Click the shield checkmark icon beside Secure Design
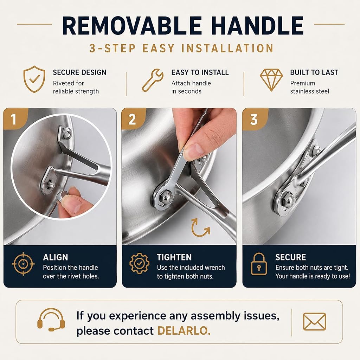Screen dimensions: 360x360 click(34, 79)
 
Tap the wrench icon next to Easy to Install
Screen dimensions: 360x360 click(153, 81)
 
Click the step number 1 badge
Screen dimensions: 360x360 click(14, 119)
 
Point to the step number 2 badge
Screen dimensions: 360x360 click(132, 120)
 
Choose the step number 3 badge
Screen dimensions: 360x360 click(253, 120)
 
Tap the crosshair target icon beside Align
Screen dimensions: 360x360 click(23, 264)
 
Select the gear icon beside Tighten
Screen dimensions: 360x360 click(139, 264)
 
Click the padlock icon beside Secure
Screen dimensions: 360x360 click(259, 264)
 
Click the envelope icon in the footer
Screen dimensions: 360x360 click(315, 322)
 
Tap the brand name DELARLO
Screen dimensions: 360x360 click(184, 331)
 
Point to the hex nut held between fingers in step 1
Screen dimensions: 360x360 click(60, 197)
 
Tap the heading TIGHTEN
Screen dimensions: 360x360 click(174, 257)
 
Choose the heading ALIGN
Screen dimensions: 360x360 click(55, 257)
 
